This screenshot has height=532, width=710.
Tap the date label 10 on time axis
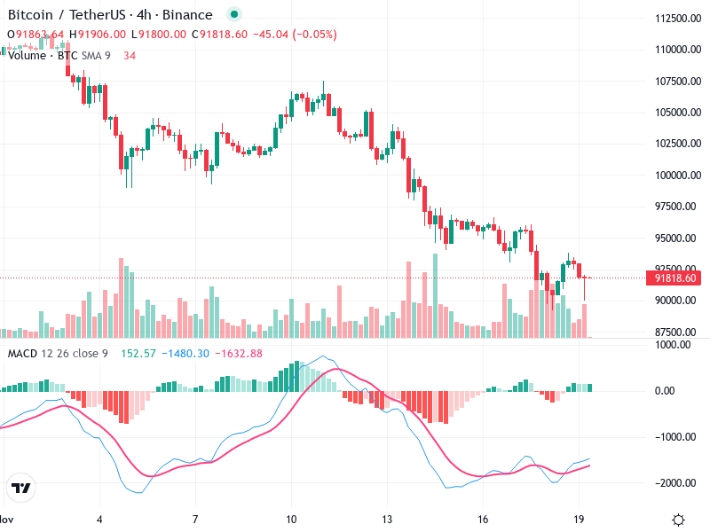[290, 519]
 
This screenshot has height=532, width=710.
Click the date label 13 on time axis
[386, 519]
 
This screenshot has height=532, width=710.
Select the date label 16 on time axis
[483, 519]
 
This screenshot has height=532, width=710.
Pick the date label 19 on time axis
[579, 519]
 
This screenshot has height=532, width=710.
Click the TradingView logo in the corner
[21, 489]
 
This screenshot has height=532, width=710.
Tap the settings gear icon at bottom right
[678, 520]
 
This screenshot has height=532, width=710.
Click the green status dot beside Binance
[233, 15]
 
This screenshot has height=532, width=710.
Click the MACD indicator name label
[22, 354]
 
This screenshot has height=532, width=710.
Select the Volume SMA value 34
[130, 55]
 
